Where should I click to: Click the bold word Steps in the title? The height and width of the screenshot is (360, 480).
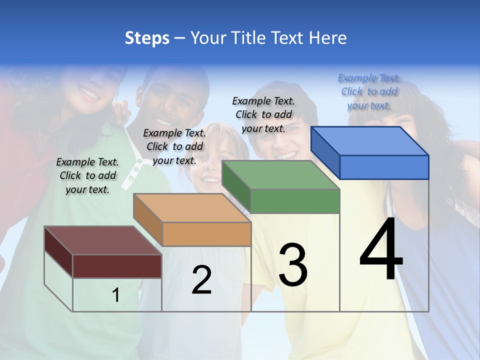[x=147, y=38]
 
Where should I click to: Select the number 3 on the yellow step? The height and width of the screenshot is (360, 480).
[x=292, y=265]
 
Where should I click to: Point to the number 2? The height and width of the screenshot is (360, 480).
[x=201, y=280]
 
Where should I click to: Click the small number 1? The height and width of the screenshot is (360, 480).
[x=116, y=295]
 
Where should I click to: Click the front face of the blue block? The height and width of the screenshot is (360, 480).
[x=384, y=167]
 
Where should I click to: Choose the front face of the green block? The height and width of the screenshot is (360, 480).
[x=295, y=201]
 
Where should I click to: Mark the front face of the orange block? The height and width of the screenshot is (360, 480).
[x=206, y=234]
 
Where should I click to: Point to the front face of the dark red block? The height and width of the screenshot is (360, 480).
[x=117, y=266]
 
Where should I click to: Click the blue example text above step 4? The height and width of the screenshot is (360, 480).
[x=369, y=91]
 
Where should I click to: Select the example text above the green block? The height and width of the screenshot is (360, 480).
[x=263, y=114]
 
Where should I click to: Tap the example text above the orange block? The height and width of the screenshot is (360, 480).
[x=174, y=146]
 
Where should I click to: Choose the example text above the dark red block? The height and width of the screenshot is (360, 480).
[x=87, y=175]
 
